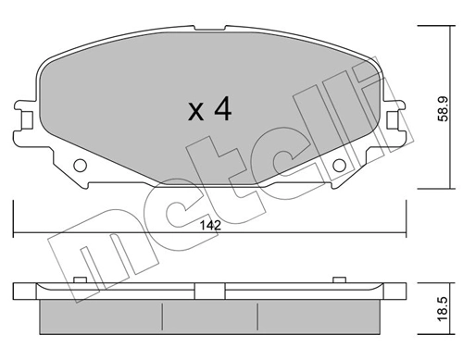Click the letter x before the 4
coord(195,114)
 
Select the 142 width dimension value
coord(210,222)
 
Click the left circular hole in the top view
coord(80,167)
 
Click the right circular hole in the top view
coord(339,167)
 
